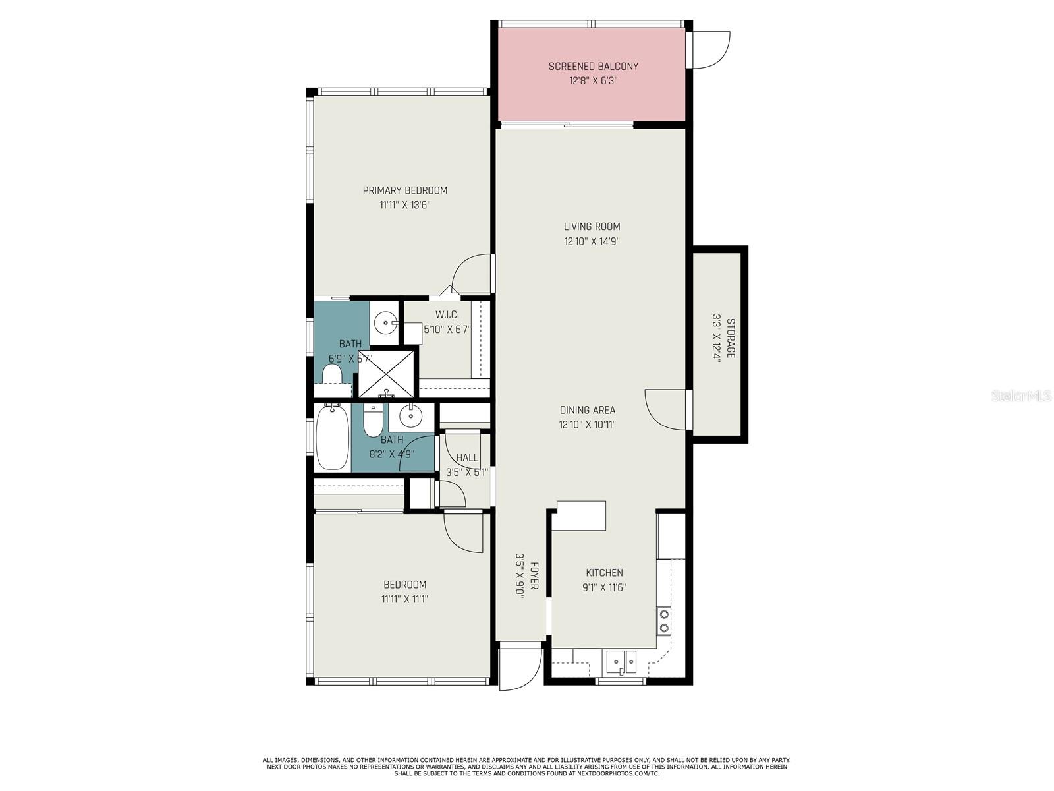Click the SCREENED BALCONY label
pos(593,67)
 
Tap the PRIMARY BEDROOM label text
pos(404,190)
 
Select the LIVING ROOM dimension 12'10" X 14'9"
pos(592,241)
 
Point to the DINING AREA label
pos(587,410)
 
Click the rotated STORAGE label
pos(731,337)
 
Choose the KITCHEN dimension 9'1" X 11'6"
pos(604,587)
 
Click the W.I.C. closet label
pos(447,315)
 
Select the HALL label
pos(467,457)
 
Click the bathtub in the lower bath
pos(332,437)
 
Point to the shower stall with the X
pos(386,374)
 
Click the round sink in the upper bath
pos(385,322)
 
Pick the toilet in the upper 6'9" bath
pos(331,374)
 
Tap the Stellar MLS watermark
pos(1021,396)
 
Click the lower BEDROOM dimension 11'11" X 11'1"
pos(404,599)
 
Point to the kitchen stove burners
pos(663,621)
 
